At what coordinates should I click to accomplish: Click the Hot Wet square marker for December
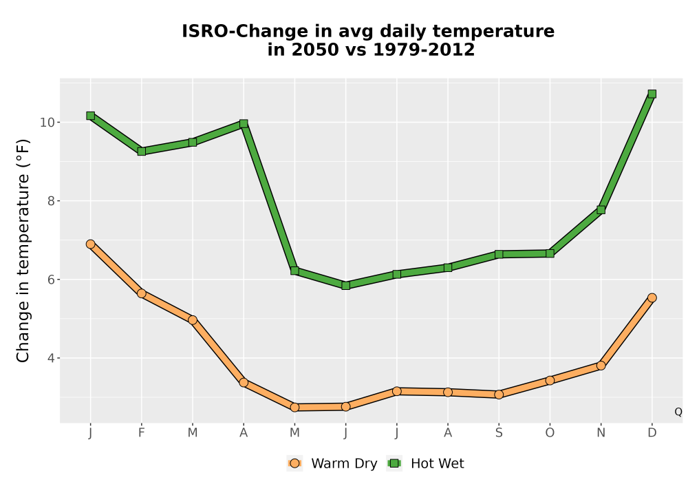point(652,94)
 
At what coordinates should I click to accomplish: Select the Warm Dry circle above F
point(141,293)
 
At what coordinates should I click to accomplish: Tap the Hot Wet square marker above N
point(601,210)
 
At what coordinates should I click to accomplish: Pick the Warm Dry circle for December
point(652,297)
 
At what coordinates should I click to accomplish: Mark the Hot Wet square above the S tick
point(498,254)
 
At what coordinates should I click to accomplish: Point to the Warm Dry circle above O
point(550,380)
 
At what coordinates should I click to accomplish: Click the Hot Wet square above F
point(141,151)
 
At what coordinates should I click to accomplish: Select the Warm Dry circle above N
point(601,365)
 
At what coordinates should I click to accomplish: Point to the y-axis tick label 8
point(51,201)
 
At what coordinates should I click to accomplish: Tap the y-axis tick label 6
point(51,280)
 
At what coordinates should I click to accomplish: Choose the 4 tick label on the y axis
point(51,358)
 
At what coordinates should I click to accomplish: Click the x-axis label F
point(141,433)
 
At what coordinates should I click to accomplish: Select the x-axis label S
point(498,433)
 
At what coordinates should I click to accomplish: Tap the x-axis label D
point(652,433)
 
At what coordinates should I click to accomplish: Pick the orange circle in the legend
point(294,463)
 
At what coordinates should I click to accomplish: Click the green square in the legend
point(394,463)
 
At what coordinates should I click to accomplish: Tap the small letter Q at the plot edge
point(678,412)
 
